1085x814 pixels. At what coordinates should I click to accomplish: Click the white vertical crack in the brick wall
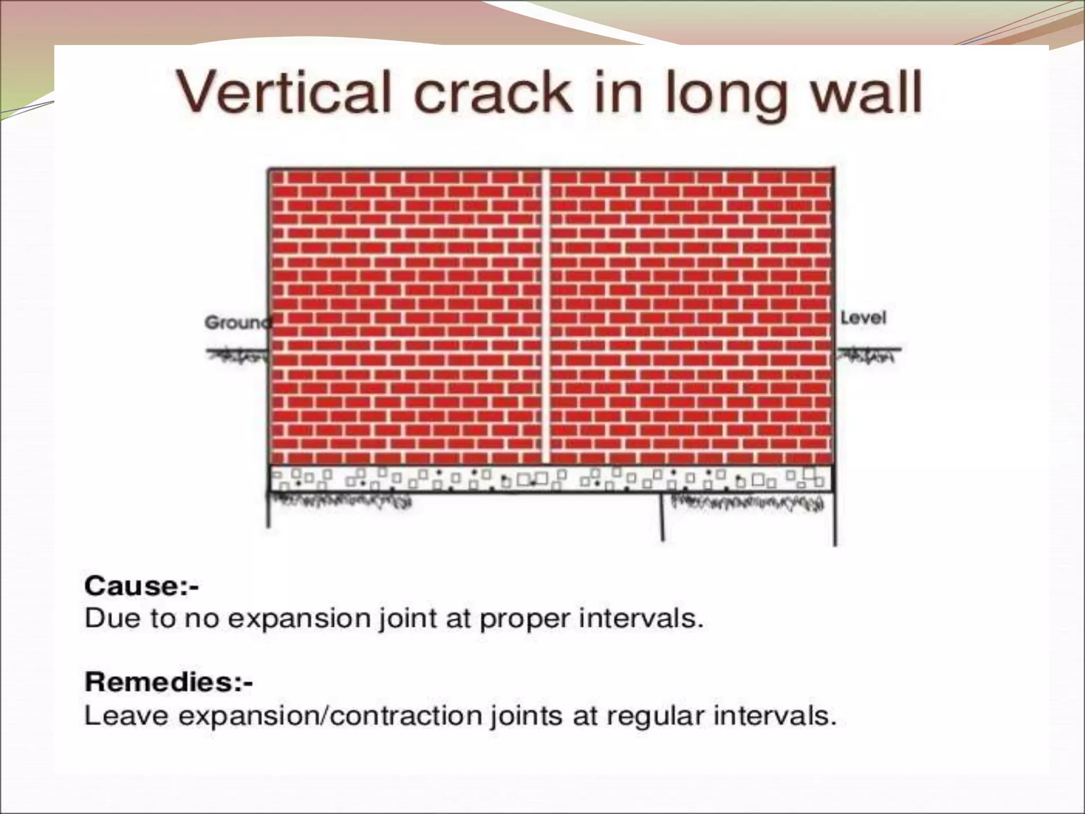pos(546,318)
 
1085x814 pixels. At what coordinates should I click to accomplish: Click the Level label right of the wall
pos(864,318)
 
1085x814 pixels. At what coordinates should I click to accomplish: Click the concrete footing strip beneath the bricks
pos(551,479)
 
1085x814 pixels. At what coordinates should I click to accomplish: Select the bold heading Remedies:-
pos(168,682)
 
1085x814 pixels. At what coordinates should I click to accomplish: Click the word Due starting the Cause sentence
pos(108,618)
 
